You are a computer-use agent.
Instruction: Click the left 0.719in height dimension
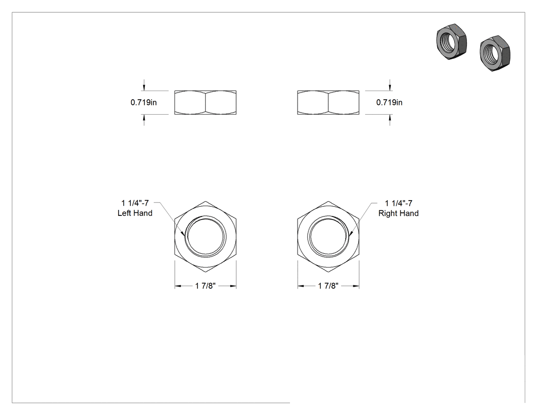point(144,102)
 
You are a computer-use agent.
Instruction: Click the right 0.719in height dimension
point(389,102)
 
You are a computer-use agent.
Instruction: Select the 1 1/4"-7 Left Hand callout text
point(135,208)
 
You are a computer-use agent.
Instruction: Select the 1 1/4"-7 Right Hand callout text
point(398,208)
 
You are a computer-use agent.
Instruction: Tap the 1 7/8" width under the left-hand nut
point(206,286)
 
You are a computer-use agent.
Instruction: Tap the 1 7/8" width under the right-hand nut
point(328,286)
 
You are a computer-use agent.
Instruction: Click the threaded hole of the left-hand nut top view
point(206,236)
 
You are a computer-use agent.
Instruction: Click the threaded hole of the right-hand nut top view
point(328,236)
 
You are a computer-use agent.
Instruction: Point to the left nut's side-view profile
point(206,102)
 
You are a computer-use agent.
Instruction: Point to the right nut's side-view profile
point(328,102)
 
